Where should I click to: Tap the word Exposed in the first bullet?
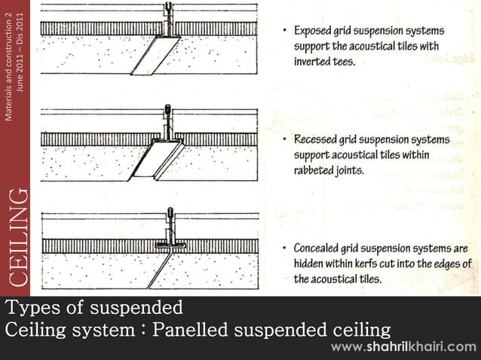[316, 32]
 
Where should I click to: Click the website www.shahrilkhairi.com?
[404, 347]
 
